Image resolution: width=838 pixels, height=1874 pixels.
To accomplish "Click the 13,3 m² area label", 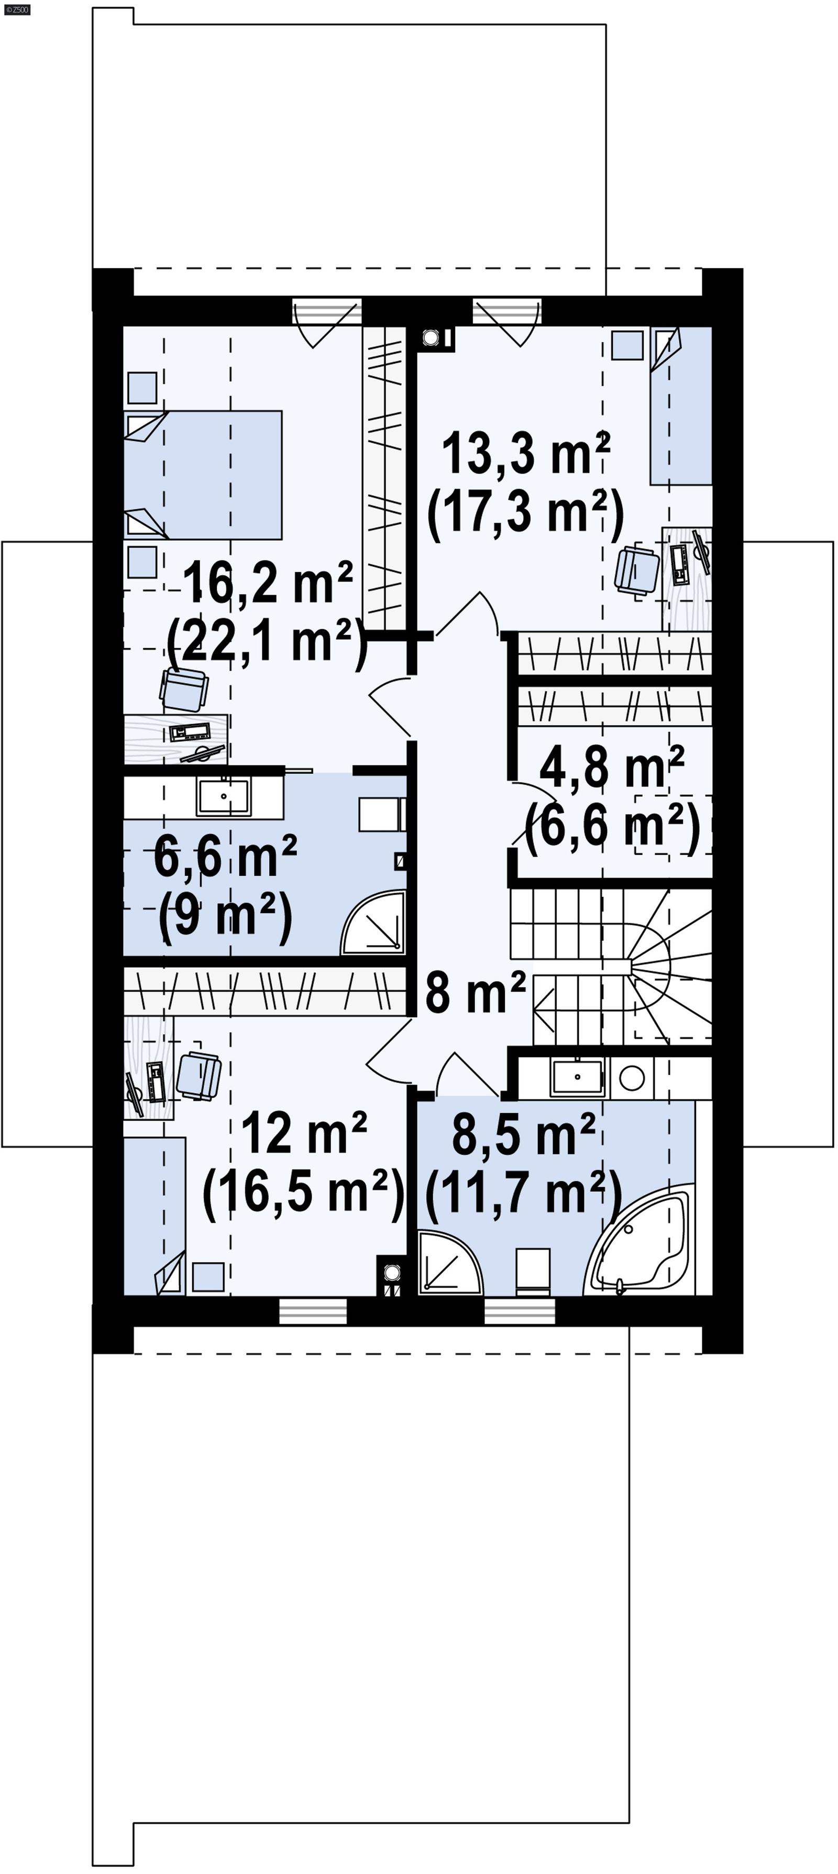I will tap(525, 453).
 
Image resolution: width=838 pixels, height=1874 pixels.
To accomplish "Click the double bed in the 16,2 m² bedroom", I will tap(204, 474).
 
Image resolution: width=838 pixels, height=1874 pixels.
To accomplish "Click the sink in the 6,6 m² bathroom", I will tap(223, 797).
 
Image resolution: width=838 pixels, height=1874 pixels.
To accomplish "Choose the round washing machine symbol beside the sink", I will tap(632, 1077).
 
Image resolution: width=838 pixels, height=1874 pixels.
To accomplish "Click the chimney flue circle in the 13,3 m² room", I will tap(431, 337).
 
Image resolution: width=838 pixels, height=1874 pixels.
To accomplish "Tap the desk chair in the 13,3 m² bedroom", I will tap(636, 569).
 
